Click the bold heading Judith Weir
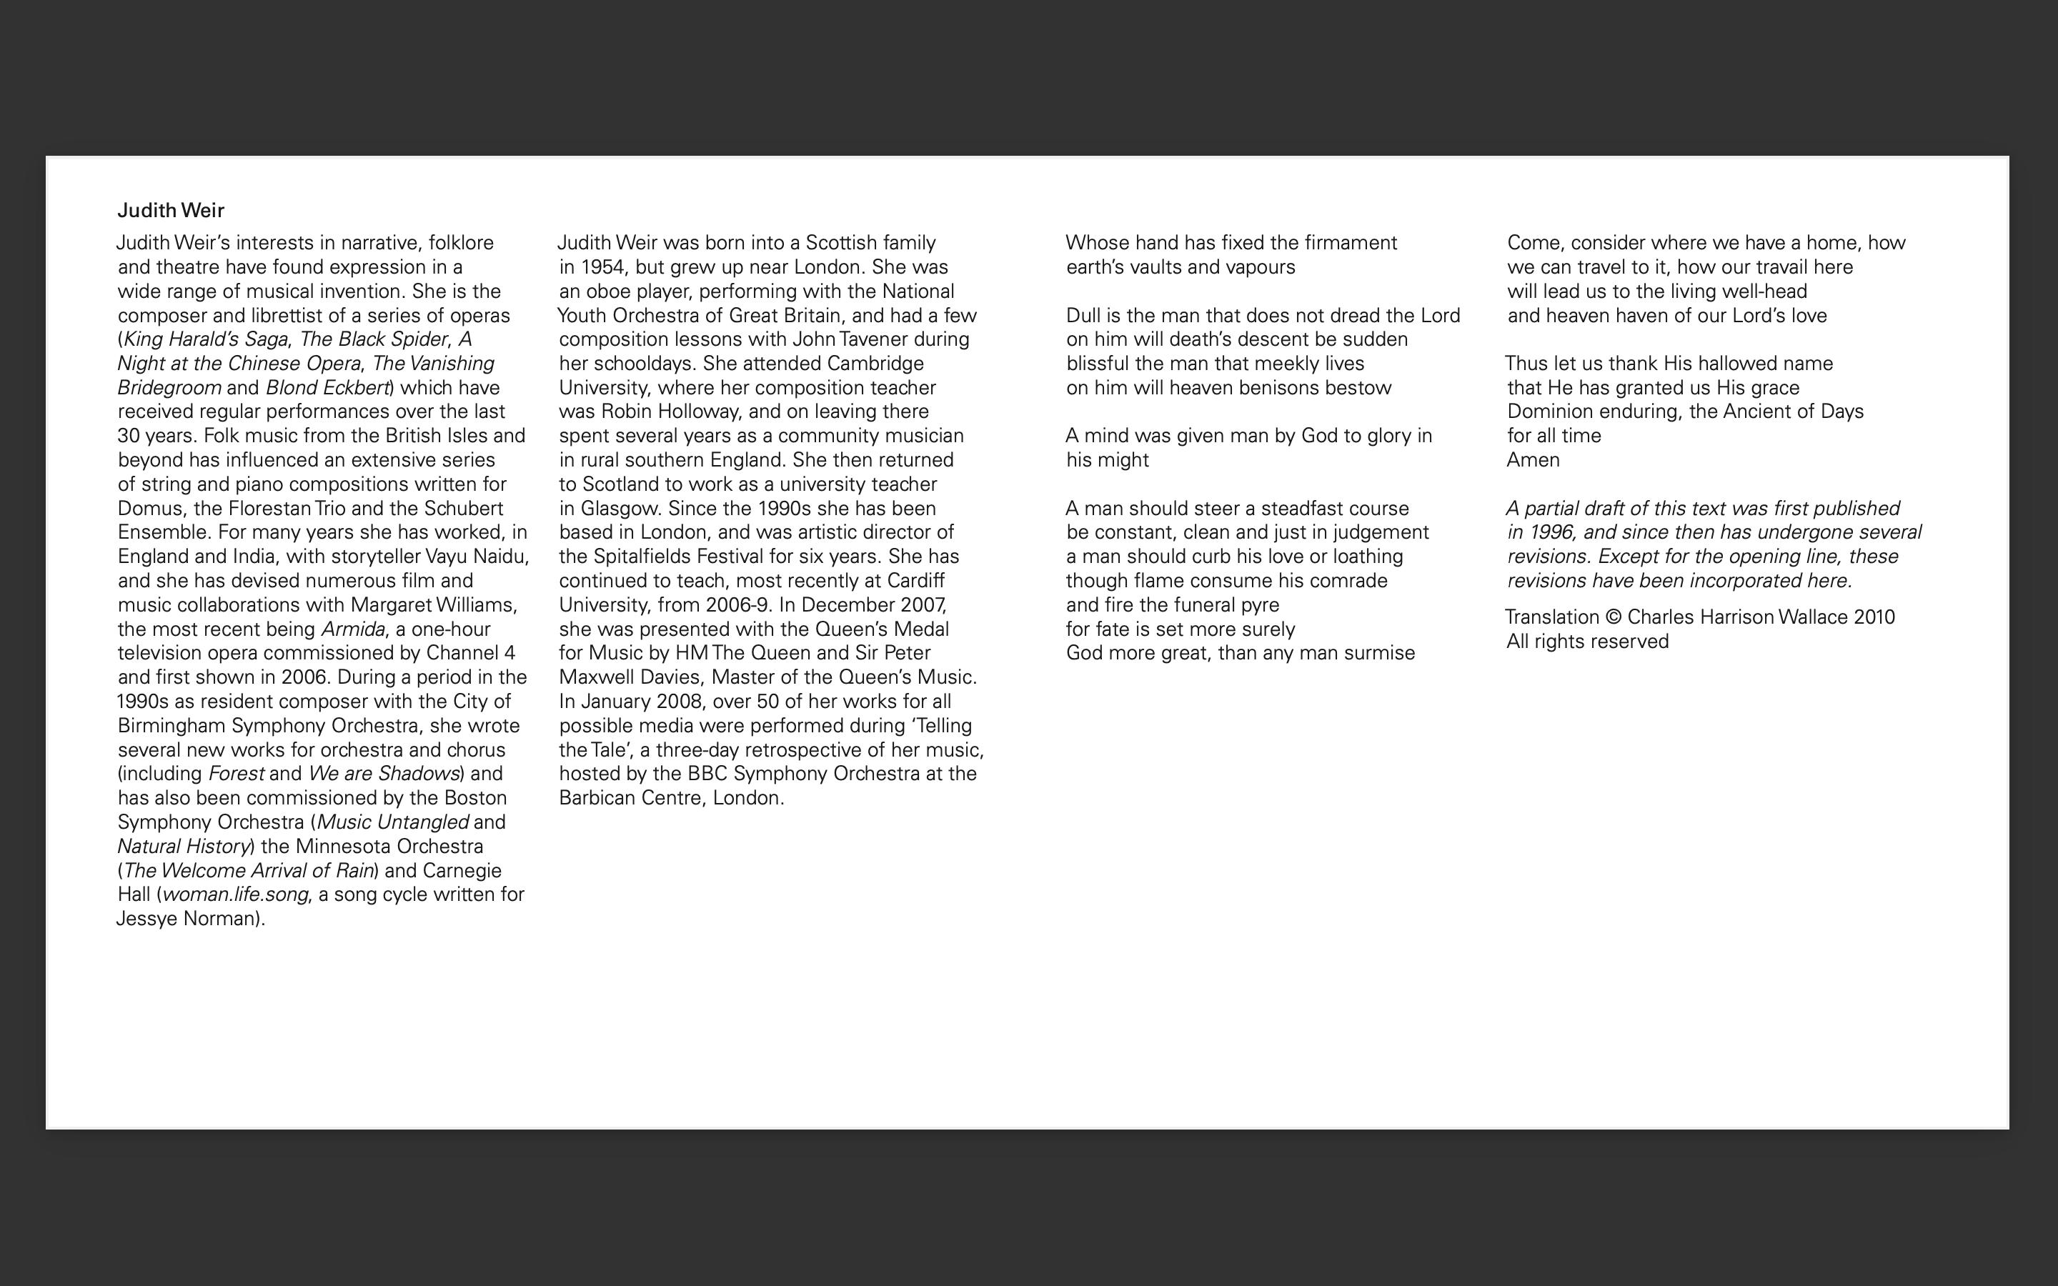(171, 210)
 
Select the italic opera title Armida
(352, 629)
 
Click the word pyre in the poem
(1261, 604)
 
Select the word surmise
(1381, 653)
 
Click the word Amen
(1533, 460)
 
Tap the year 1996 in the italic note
(1551, 532)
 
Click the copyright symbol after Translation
(1614, 617)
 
